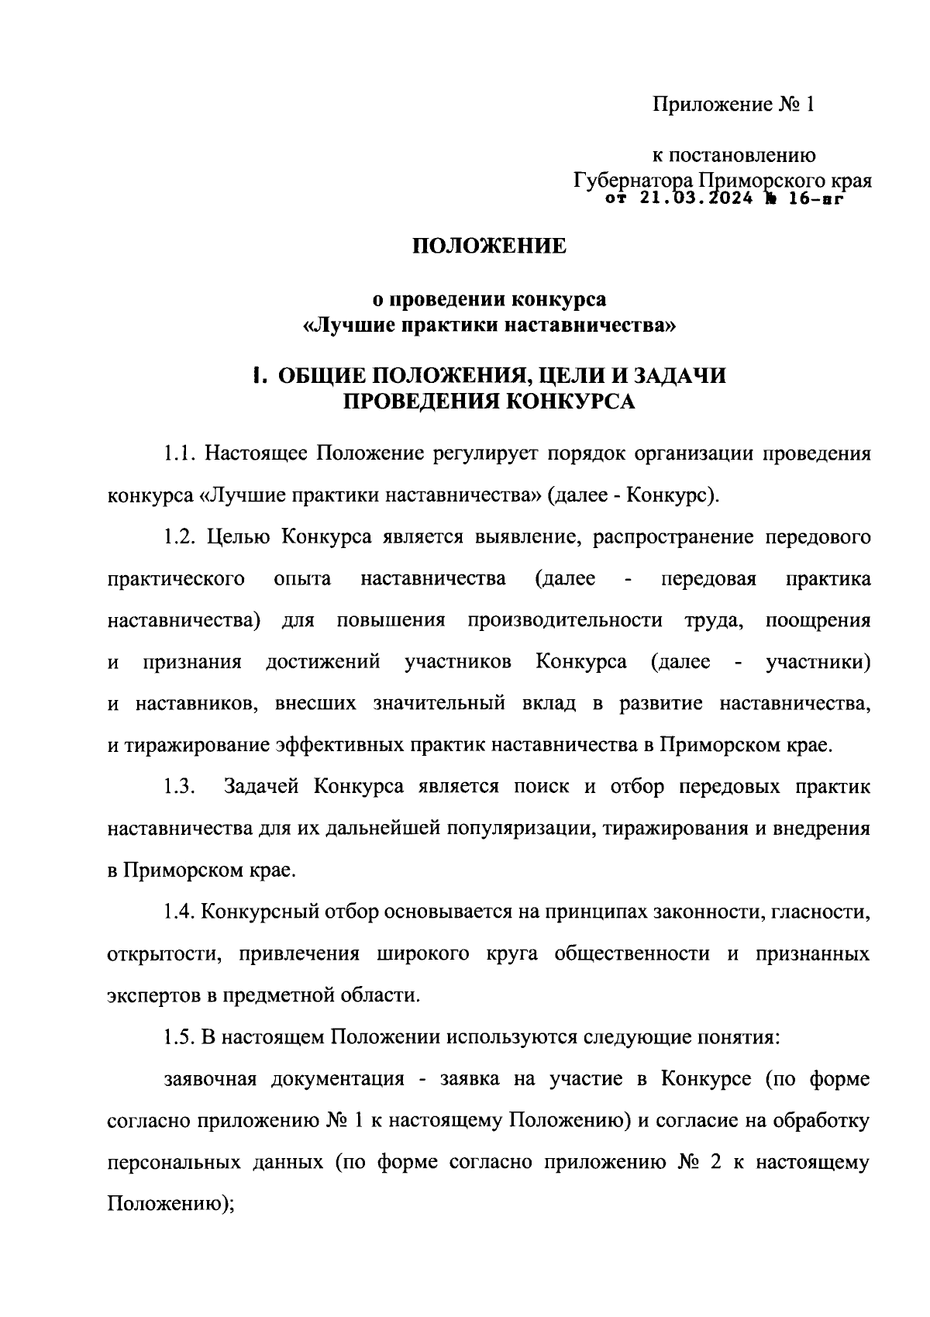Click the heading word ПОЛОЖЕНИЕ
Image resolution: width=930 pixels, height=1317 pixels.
click(488, 247)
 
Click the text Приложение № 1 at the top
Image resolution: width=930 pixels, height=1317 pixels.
click(733, 105)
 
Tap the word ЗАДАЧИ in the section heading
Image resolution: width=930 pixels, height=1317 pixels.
click(680, 376)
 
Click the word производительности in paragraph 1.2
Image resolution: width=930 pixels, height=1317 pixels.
click(565, 621)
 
